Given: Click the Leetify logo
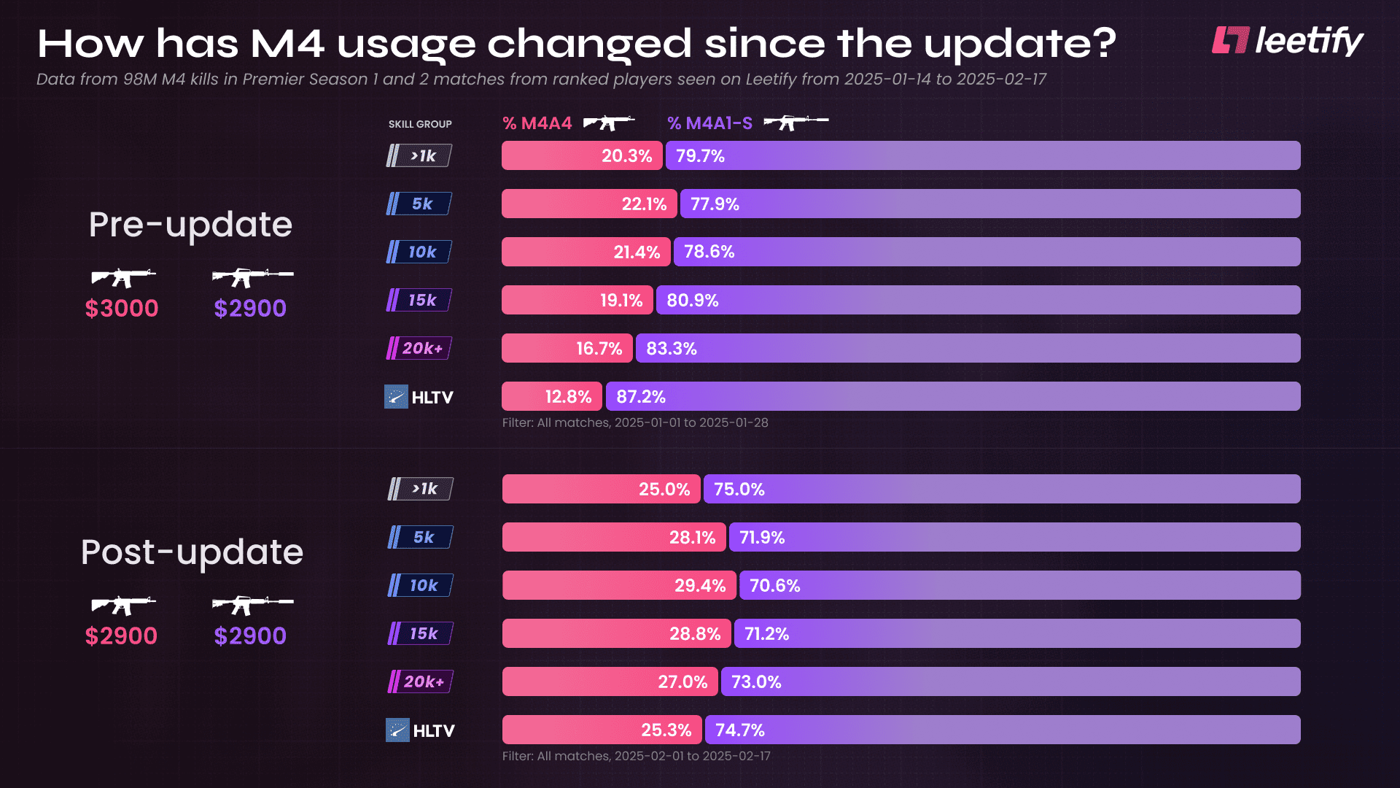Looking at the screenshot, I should (1287, 41).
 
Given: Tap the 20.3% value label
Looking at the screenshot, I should (626, 156).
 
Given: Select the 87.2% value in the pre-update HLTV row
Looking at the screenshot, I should (641, 397).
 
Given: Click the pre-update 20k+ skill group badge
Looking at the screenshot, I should (419, 348).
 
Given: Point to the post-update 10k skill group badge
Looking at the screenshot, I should (421, 585).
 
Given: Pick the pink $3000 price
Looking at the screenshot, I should (122, 309).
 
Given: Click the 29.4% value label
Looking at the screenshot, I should (699, 586).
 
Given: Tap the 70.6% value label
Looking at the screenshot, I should (774, 586).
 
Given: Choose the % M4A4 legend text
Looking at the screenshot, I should (537, 123).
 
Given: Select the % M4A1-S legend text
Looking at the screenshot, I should (709, 123).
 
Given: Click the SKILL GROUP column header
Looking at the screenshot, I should (420, 124).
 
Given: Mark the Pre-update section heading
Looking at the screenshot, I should (190, 225).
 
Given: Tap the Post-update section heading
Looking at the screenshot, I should (192, 552).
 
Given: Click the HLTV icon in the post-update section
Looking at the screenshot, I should (397, 730).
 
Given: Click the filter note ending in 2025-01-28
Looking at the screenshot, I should (635, 422).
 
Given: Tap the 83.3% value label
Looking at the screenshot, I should (672, 349).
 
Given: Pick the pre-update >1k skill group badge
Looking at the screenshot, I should (419, 155).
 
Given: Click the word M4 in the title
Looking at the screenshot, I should (287, 44).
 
